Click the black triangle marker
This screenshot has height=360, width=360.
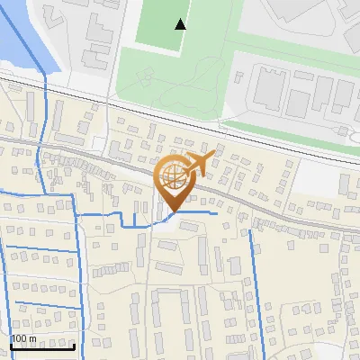pos(181,24)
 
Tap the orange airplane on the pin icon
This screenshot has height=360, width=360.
pos(197,165)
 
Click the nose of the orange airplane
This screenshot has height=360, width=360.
pos(215,157)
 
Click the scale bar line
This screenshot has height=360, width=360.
pos(42,346)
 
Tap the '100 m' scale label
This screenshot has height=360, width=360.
pos(23,338)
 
